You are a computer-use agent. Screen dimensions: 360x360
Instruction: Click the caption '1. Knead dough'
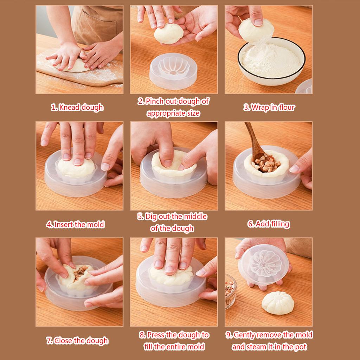pyautogui.click(x=77, y=108)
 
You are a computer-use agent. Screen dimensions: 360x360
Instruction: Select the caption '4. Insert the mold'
pyautogui.click(x=75, y=224)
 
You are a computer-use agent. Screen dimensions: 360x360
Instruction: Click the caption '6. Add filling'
pyautogui.click(x=269, y=224)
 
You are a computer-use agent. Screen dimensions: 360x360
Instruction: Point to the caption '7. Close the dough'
pyautogui.click(x=77, y=340)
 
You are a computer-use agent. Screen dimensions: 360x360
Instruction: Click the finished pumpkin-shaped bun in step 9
pyautogui.click(x=277, y=302)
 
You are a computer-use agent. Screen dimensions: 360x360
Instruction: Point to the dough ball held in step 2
pyautogui.click(x=169, y=34)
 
